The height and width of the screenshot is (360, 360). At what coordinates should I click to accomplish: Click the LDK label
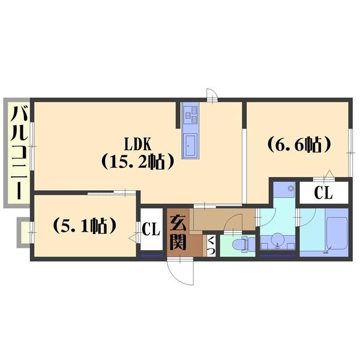pos(137,145)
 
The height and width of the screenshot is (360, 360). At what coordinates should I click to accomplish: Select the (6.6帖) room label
pos(299,145)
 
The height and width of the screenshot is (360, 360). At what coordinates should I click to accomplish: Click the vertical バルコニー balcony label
pos(19,152)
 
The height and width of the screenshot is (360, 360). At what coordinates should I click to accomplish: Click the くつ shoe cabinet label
pos(211,245)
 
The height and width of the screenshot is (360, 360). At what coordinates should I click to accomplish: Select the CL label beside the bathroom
pos(323,193)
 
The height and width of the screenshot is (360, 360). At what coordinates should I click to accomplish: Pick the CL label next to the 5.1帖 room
pos(151,229)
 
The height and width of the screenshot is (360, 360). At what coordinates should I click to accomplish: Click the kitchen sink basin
pos(191,145)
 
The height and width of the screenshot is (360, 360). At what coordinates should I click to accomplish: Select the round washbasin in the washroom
pos(277,239)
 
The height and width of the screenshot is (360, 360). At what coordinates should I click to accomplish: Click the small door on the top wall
pos(212,94)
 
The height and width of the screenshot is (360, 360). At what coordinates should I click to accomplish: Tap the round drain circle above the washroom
pos(291,188)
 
